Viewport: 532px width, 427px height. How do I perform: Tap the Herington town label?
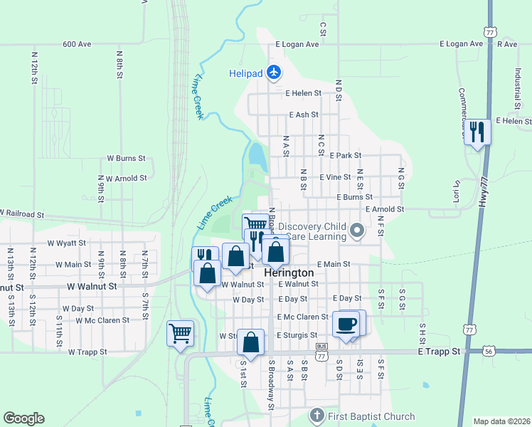coord(289,273)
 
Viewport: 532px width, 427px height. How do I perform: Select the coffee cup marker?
coord(346,324)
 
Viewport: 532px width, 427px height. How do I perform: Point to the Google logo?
coord(23,418)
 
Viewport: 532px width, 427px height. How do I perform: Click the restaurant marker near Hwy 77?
coord(477,132)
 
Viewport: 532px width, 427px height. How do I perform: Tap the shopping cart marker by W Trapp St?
coord(180,332)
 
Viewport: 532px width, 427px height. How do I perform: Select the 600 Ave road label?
coord(77,44)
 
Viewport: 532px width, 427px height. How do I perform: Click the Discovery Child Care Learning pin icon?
coord(357,230)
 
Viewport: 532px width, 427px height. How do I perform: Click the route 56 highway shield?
coord(488,352)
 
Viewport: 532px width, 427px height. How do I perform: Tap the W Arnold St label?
coord(127,178)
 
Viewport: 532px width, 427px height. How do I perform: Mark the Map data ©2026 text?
coord(501,421)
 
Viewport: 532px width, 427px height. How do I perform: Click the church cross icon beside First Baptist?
coord(317,415)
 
